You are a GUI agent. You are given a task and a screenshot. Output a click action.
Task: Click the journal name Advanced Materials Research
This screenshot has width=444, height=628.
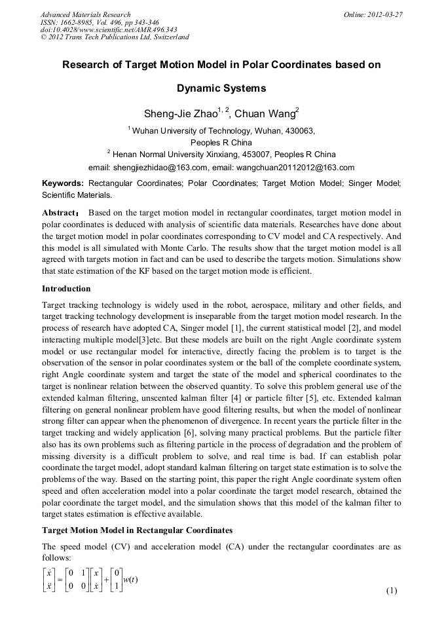tap(86, 14)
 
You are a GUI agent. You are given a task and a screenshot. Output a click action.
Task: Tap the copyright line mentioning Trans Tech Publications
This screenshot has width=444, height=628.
tap(115, 37)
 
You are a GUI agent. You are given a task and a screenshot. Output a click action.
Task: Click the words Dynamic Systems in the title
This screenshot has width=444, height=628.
tap(221, 88)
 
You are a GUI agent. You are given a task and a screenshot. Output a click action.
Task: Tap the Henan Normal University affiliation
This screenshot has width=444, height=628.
tap(223, 155)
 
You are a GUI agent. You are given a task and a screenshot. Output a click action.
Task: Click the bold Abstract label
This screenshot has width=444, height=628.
tap(60, 213)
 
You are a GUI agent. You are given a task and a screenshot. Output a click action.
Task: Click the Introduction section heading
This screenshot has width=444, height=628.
tap(66, 289)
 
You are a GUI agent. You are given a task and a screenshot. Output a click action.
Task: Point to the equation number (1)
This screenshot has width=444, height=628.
tap(392, 591)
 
